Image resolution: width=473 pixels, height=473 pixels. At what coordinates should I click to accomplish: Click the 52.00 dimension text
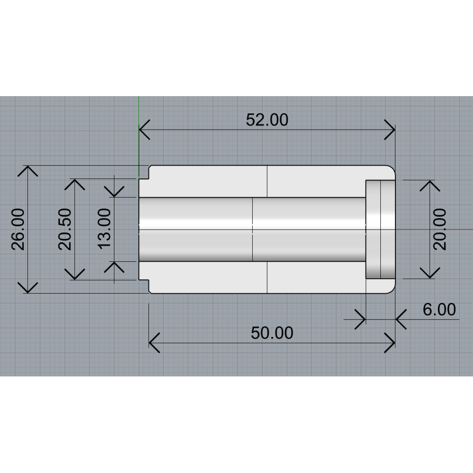point(267,120)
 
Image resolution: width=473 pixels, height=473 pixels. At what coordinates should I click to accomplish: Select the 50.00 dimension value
point(272,333)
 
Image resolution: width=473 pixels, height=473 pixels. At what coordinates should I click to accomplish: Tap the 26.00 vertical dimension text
point(19,229)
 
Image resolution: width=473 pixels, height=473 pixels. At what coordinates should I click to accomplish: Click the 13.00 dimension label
point(105,229)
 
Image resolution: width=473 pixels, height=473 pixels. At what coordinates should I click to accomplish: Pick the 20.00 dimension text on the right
point(440,229)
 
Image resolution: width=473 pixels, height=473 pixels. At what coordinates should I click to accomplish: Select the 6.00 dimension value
point(439,310)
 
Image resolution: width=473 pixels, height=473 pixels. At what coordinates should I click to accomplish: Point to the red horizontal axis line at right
point(434,229)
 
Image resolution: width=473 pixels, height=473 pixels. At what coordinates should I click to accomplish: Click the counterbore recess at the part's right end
point(380,229)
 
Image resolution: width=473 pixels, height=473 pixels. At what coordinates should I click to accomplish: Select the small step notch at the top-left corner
point(144,173)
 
